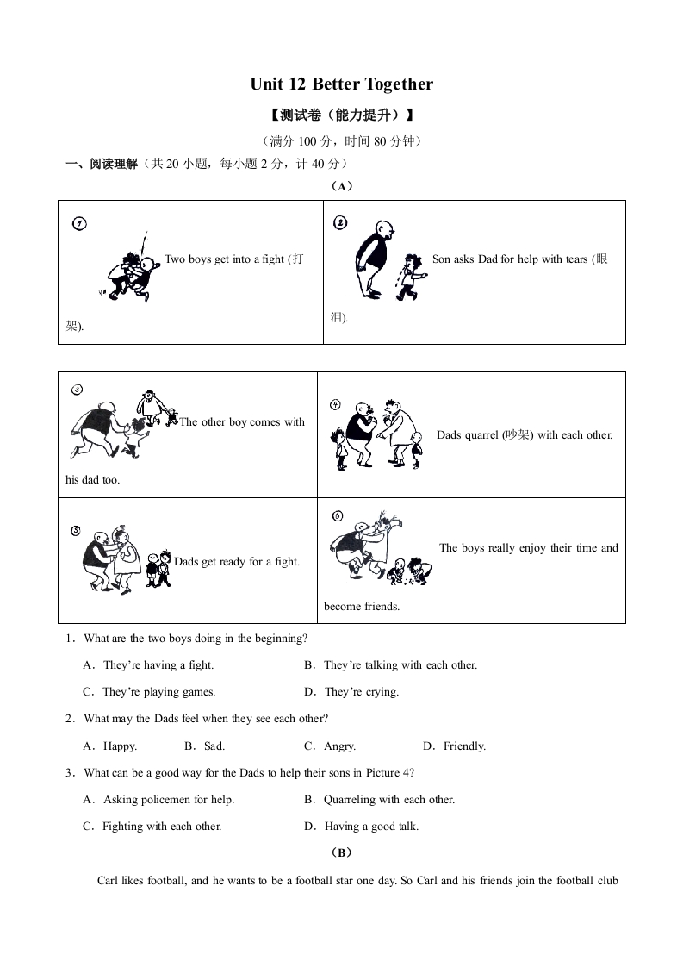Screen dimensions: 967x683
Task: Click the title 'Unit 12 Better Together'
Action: [x=341, y=84]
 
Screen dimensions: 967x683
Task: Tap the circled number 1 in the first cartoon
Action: [x=79, y=224]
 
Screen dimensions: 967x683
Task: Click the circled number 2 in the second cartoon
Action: [x=339, y=223]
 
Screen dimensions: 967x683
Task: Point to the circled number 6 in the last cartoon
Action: [x=337, y=516]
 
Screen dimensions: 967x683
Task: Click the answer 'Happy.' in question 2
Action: [x=120, y=746]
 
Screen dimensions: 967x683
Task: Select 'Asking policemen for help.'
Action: [x=168, y=800]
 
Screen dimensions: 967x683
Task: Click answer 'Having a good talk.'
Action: [x=371, y=827]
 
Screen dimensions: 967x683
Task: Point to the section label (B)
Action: [x=341, y=853]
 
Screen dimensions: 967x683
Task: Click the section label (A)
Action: [x=341, y=186]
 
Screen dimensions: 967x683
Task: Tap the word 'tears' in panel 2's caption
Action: [x=576, y=259]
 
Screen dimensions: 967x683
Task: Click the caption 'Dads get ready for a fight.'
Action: [x=237, y=562]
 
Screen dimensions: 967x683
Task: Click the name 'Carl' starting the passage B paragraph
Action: [x=108, y=881]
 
